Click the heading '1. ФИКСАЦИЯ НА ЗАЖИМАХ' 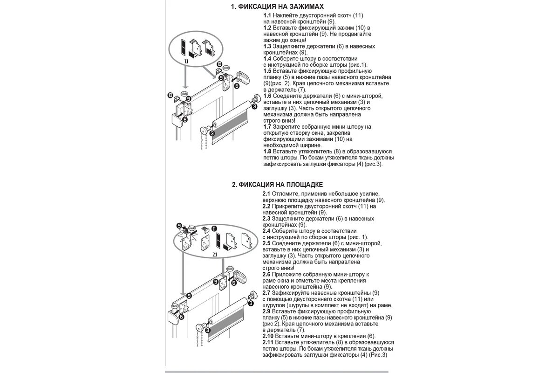click(277, 7)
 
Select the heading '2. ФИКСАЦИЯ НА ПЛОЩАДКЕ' click(277, 185)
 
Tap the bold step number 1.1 click(267, 15)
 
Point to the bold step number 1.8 click(267, 152)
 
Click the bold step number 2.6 click(266, 275)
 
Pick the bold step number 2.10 click(268, 336)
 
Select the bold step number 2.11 click(268, 342)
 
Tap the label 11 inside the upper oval click(186, 61)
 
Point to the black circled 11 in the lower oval click(214, 228)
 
